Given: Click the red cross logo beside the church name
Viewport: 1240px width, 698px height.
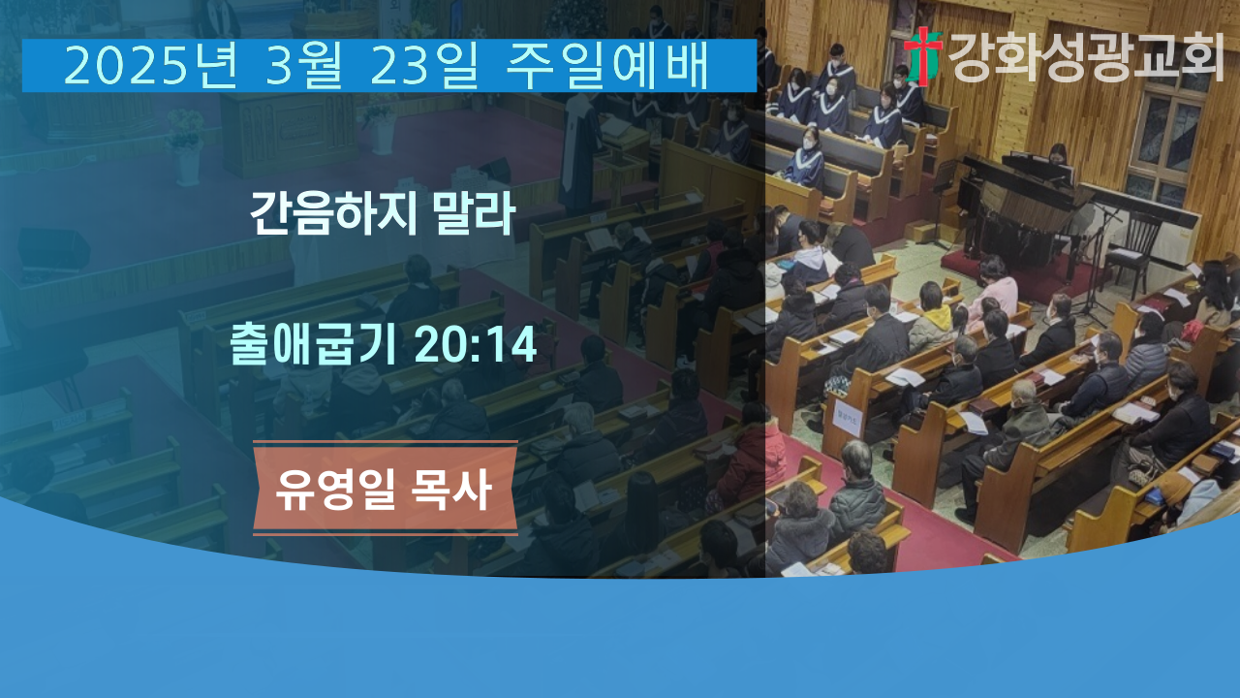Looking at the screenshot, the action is [923, 56].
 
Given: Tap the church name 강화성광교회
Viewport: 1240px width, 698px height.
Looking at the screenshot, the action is [1086, 56].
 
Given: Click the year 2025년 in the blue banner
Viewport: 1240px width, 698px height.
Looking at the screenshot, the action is [150, 66].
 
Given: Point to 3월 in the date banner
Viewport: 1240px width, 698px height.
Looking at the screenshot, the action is [304, 66].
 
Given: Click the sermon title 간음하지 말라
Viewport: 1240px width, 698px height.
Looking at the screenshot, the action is [383, 213].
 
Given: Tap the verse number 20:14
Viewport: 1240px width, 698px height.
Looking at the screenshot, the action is [475, 344].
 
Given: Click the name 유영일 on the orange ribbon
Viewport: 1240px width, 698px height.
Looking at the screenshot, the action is [335, 489].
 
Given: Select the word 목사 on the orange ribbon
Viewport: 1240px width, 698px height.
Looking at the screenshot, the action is [451, 489].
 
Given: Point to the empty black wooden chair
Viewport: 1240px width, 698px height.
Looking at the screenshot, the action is [1133, 249].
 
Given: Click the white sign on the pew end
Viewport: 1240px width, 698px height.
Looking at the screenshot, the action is [847, 418].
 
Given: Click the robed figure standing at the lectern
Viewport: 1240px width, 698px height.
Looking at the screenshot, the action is [579, 149].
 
